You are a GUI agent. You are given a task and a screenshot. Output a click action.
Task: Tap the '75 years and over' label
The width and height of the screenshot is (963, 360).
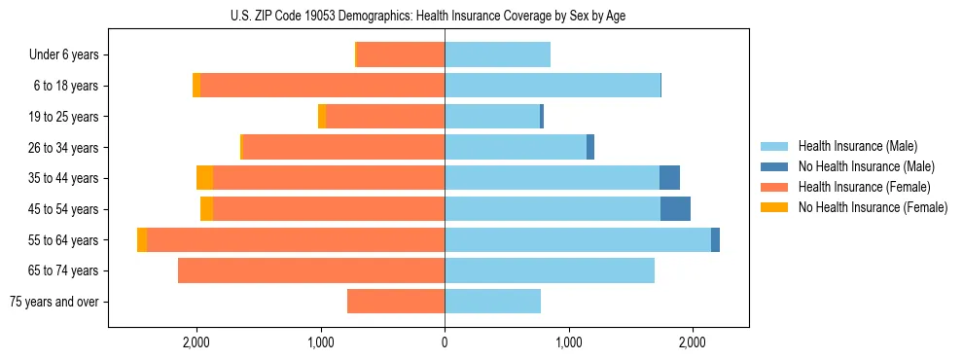54,302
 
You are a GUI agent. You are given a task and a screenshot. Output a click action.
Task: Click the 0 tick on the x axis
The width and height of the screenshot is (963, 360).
445,342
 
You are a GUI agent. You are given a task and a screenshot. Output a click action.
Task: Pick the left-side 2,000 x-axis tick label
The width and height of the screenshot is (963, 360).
196,342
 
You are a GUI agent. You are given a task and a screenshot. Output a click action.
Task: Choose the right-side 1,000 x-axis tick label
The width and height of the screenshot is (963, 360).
568,342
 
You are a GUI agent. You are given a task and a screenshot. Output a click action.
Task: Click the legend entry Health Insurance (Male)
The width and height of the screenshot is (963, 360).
857,146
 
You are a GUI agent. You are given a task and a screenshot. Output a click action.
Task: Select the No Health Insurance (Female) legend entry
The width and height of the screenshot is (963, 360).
873,207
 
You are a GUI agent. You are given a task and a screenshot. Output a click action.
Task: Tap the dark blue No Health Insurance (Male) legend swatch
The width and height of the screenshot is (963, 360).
775,166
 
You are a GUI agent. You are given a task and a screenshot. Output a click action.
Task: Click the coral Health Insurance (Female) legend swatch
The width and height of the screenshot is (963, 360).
775,187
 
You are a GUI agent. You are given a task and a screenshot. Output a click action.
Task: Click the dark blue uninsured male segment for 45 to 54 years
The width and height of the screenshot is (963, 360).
675,209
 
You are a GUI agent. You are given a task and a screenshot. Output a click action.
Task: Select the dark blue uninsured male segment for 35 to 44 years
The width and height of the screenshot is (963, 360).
669,178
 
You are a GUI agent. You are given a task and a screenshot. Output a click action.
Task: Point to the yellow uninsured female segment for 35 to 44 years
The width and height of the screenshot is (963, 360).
204,178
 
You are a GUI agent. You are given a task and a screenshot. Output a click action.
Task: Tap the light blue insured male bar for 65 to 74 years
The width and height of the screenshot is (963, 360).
550,270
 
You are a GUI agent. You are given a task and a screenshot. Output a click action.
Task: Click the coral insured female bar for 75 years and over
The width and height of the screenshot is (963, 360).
396,302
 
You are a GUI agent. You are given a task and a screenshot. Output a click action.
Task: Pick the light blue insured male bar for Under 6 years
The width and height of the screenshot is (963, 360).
497,55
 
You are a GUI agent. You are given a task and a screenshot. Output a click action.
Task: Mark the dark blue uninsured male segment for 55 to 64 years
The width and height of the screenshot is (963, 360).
715,240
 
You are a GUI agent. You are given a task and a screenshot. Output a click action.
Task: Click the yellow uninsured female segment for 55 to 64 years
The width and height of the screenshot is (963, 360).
142,240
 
